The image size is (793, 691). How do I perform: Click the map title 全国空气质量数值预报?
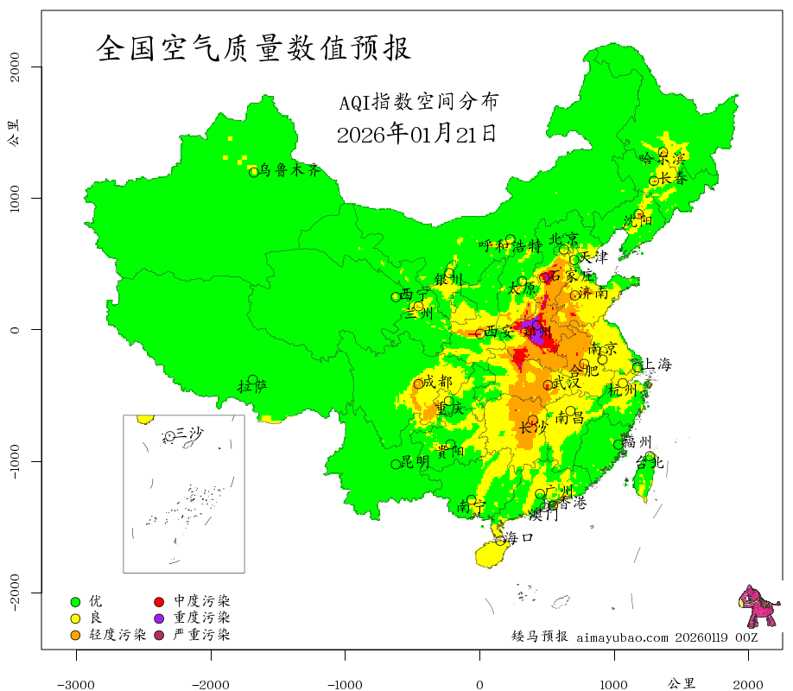click(x=254, y=48)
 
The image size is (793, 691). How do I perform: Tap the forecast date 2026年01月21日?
click(x=416, y=134)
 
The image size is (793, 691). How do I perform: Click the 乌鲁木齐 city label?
click(x=295, y=170)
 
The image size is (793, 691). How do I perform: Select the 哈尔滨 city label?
click(x=662, y=159)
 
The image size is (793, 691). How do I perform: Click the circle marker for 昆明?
click(x=396, y=464)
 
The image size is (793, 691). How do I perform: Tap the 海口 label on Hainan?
click(x=519, y=537)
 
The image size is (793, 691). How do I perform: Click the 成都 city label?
click(x=438, y=382)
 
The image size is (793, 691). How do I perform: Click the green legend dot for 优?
click(x=75, y=600)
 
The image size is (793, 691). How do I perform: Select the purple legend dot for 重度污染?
click(x=160, y=618)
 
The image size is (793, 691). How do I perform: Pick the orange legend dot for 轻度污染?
click(x=75, y=635)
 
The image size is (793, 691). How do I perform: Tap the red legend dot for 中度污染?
click(x=160, y=600)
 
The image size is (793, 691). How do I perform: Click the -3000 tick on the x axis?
click(x=76, y=684)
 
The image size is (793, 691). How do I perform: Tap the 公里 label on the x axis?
click(x=682, y=683)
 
